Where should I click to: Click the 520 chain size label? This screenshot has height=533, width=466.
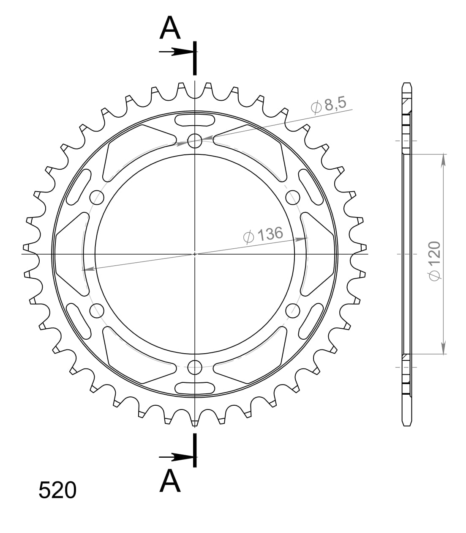coord(57,490)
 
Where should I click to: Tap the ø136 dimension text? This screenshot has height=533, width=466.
coord(263,235)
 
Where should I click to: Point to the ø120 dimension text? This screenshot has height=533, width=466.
coord(434,261)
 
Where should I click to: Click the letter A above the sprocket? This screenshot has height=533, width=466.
coord(170,29)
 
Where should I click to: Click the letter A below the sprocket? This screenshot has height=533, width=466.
coord(170,481)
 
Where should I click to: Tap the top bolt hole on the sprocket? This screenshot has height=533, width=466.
coord(195,140)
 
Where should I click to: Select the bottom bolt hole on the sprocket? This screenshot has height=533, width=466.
coord(195,367)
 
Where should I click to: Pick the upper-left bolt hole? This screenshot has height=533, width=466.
coord(97,197)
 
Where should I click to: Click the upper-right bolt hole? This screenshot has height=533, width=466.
coord(292,197)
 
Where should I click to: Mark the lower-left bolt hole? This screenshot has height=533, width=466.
coord(97,310)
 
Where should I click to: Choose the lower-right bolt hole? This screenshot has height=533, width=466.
coord(292,310)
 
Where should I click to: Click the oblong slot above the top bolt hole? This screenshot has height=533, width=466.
coord(195,120)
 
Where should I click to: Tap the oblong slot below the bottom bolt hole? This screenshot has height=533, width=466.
coord(195,387)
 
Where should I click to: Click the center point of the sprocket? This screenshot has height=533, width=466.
coord(195,254)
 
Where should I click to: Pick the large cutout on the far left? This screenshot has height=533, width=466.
coord(72,254)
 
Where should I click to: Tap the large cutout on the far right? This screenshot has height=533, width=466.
coord(318,254)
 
